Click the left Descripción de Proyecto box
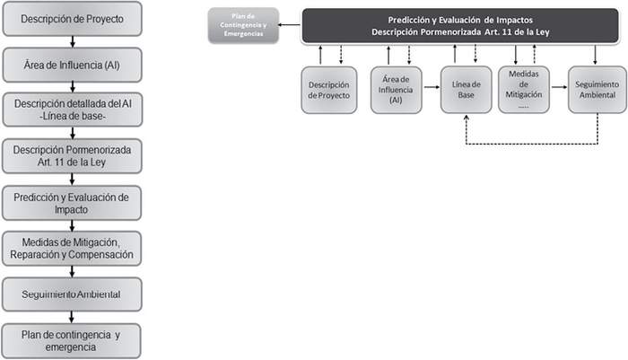point(72,18)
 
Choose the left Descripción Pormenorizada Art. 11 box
point(72,156)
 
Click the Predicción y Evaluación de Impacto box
point(72,203)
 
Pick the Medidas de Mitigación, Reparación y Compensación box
point(72,249)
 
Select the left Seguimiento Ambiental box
point(72,294)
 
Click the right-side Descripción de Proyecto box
point(329,89)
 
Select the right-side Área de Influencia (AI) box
point(398,89)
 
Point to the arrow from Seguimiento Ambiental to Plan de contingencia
point(72,317)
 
